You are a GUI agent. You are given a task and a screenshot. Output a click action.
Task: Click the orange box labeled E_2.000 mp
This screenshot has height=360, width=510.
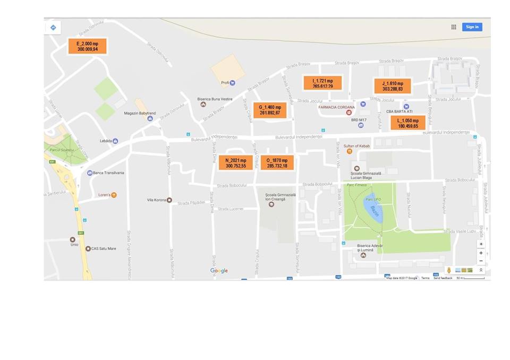point(87,46)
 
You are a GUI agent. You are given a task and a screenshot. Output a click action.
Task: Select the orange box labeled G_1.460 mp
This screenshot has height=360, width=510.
point(270,110)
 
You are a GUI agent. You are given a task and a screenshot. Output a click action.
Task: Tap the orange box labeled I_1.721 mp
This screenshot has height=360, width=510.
point(322,83)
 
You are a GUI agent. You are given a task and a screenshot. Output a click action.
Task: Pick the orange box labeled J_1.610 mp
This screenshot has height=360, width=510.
point(393,86)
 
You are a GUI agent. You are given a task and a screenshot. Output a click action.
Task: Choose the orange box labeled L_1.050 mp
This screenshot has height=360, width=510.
point(407,123)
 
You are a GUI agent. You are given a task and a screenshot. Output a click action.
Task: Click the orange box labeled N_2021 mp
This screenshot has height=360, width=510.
point(235,163)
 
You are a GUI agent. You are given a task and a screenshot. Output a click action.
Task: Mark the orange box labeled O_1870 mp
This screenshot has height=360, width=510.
point(277,163)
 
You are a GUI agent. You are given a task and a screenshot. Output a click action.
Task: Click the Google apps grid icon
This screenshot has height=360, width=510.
point(454,27)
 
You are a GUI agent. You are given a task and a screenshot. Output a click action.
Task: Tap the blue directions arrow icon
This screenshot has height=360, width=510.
point(53,27)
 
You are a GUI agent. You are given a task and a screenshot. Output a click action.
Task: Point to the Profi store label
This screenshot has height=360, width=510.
point(225,83)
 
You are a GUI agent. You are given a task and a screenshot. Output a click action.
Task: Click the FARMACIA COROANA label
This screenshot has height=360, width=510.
point(336,107)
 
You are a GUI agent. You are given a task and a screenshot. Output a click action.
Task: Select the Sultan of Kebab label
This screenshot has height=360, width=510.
point(356,145)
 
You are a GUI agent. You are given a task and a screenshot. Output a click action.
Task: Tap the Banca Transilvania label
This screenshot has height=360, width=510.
point(108,173)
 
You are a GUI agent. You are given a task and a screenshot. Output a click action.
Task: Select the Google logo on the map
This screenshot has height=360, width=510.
point(219,271)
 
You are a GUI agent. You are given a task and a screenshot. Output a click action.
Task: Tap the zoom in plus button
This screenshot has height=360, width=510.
point(481,253)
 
